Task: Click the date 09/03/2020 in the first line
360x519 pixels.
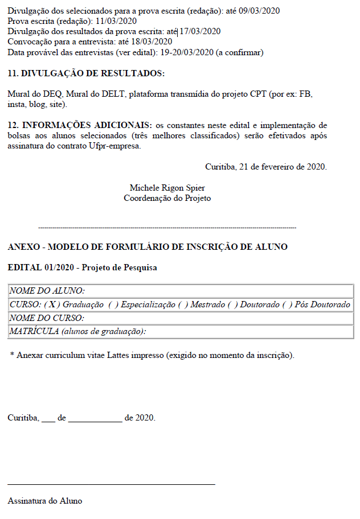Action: (x=259, y=11)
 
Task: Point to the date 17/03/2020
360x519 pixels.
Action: (x=200, y=31)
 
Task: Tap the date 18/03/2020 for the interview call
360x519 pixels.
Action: (x=152, y=42)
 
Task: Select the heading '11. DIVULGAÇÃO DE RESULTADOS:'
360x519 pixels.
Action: (x=86, y=73)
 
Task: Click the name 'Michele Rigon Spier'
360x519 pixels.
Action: (x=167, y=188)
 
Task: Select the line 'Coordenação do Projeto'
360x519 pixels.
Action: (x=167, y=198)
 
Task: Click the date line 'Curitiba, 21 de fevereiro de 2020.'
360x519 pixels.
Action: (x=265, y=167)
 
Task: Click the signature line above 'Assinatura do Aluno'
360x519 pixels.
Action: (x=112, y=484)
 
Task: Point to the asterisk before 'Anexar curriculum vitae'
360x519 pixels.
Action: (x=12, y=355)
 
